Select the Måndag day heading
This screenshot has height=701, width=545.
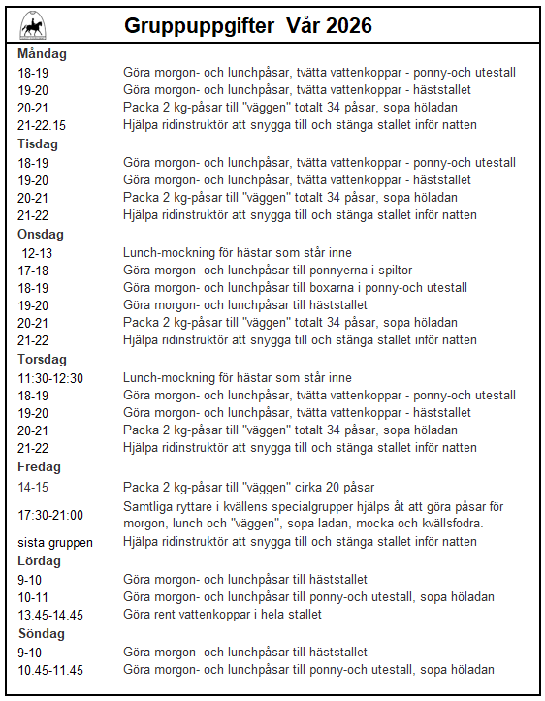coord(43,54)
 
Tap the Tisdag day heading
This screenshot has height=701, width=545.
coord(39,143)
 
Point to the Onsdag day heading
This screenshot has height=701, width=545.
coord(41,233)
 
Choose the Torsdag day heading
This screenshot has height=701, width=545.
coord(42,359)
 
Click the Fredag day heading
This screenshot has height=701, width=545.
coord(40,466)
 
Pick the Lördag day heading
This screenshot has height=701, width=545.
coord(40,560)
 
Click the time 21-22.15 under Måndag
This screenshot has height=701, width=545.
coord(42,125)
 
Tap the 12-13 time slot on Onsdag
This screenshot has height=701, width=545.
coord(37,252)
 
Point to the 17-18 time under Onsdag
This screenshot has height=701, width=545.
coord(33,270)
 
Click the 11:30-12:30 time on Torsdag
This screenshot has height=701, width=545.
coord(50,378)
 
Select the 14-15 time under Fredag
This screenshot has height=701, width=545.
coord(33,487)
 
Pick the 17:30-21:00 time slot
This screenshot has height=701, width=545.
coord(50,515)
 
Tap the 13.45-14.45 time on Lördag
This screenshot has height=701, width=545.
coord(51,614)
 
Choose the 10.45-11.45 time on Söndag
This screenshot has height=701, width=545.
coord(51,669)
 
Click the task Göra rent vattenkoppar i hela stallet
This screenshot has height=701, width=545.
coord(222,614)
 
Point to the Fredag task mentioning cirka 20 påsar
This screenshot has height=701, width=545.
coord(248,487)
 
